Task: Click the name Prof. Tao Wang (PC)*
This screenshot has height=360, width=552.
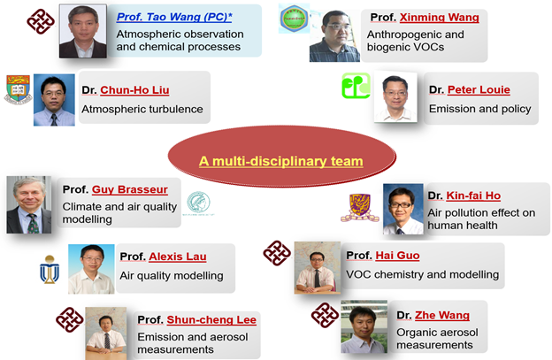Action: tap(174, 17)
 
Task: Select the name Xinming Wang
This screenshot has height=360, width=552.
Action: tap(440, 17)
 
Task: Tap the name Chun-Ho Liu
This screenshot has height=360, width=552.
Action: tap(134, 90)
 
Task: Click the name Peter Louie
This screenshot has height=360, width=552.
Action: tap(479, 89)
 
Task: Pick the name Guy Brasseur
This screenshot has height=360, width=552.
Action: tap(129, 189)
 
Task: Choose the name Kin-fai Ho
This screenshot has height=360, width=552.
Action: tap(473, 195)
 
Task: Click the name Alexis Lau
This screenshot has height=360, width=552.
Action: tap(178, 257)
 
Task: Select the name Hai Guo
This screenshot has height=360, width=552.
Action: tap(397, 255)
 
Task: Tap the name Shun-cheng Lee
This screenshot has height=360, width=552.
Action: tap(211, 319)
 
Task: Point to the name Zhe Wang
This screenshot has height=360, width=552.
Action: tap(442, 315)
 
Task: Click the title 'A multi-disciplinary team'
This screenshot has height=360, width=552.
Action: tap(281, 161)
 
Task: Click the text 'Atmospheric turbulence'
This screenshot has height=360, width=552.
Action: tap(142, 109)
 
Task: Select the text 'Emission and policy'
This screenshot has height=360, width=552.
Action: tap(479, 109)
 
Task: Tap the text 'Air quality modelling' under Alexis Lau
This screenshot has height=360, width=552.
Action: tap(172, 276)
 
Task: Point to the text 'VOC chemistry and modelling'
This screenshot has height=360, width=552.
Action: tap(423, 274)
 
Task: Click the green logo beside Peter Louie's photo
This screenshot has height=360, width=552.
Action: tap(356, 86)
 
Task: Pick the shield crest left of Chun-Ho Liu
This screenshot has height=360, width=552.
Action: tap(18, 89)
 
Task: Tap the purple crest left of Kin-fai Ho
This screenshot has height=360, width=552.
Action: tap(359, 208)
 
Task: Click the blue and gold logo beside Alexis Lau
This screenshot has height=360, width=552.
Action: tap(50, 270)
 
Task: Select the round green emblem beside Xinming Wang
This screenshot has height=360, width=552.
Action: tap(294, 19)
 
